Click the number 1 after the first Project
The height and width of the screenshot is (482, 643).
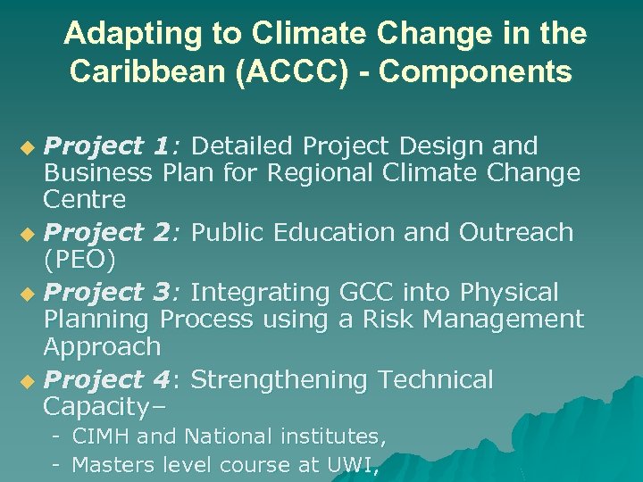coord(161,145)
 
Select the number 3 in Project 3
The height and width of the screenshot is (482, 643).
coord(161,292)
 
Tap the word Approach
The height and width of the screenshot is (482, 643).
coord(102,345)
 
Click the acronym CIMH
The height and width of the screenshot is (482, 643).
coord(101,437)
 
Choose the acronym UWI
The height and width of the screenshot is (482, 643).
coord(352,465)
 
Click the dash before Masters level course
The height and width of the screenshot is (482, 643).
coord(55,464)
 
